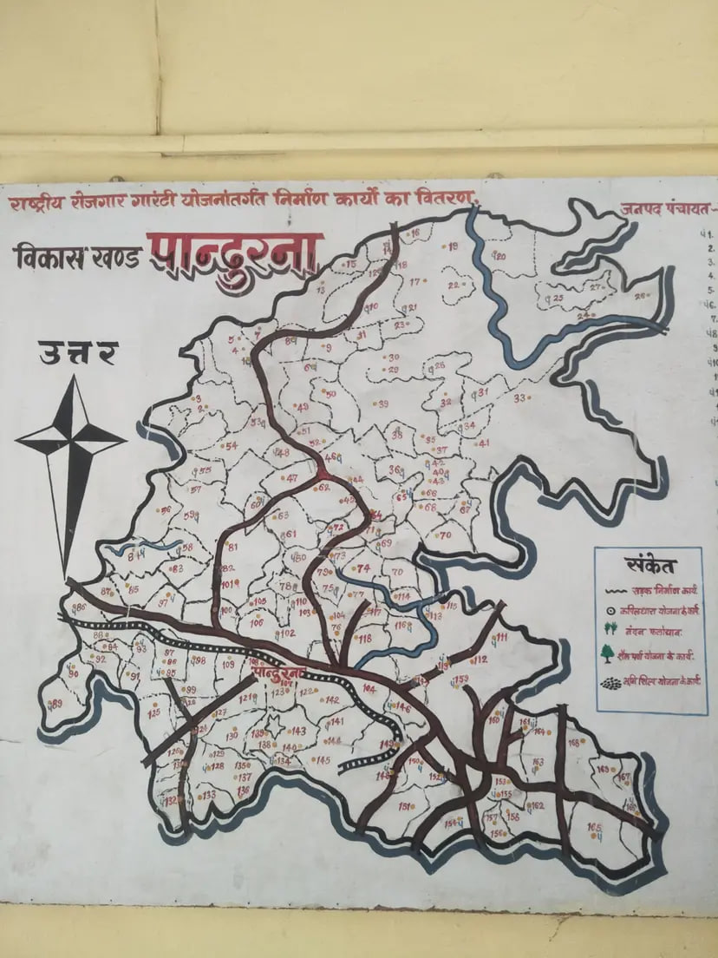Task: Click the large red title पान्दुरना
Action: pyautogui.click(x=235, y=252)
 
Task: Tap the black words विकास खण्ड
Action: pyautogui.click(x=76, y=258)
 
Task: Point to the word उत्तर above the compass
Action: pyautogui.click(x=77, y=354)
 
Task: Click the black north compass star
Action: pyautogui.click(x=70, y=443)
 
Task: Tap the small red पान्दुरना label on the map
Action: pyautogui.click(x=277, y=673)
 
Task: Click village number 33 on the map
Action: pyautogui.click(x=520, y=398)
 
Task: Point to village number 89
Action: pyautogui.click(x=57, y=704)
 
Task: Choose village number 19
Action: pyautogui.click(x=452, y=246)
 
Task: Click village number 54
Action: pyautogui.click(x=231, y=446)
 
